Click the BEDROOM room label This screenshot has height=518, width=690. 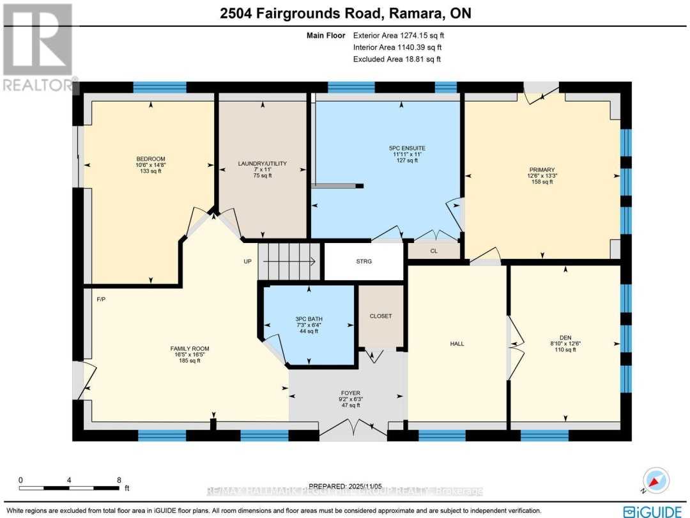tap(150, 159)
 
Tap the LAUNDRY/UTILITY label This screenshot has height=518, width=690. tap(263, 164)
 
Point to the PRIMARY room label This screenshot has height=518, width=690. tap(542, 170)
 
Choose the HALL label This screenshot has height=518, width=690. tap(457, 344)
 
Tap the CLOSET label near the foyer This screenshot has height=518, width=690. tap(381, 316)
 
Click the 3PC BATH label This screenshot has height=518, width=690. tap(307, 318)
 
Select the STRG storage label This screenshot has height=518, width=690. tap(364, 262)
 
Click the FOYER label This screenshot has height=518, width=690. tap(350, 393)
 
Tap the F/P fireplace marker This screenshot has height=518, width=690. tap(100, 299)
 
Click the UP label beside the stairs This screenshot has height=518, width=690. tap(249, 262)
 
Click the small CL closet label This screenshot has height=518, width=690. tap(434, 251)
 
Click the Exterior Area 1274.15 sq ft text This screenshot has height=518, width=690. tap(397, 36)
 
